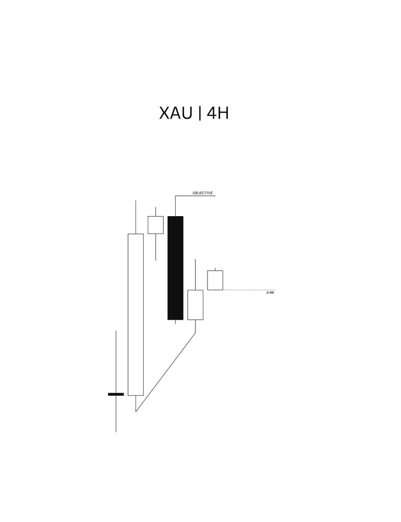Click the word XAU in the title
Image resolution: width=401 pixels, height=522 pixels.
176,113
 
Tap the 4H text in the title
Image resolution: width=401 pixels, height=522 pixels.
218,113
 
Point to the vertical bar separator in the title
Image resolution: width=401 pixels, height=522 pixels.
200,114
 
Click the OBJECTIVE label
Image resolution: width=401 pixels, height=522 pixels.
202,193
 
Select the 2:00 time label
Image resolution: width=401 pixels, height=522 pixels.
270,293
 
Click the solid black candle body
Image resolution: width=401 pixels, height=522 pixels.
175,268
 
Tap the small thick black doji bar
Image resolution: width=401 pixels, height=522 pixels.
116,394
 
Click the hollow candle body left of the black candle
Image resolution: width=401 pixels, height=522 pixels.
155,225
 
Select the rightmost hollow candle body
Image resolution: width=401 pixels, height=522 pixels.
215,280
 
